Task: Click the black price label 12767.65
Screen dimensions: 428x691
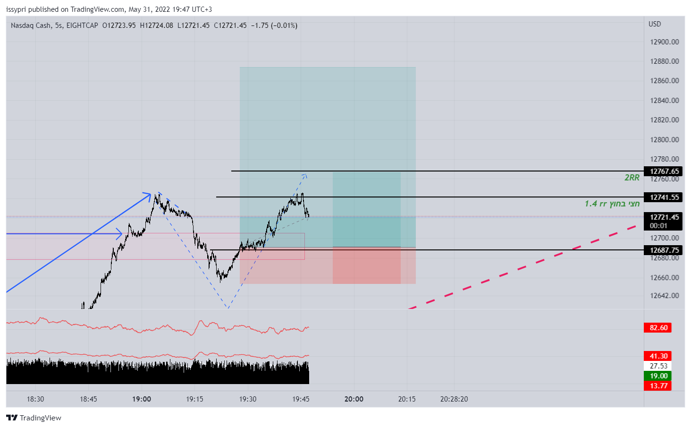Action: pos(664,171)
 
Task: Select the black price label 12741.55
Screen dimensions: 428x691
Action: pos(664,197)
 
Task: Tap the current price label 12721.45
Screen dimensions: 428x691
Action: pos(664,217)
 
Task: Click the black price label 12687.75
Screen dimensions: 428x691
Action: pos(664,250)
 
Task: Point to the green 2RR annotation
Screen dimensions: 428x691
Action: pos(632,178)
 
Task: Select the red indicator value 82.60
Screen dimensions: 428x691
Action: pos(658,328)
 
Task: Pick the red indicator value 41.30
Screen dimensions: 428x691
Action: pos(658,356)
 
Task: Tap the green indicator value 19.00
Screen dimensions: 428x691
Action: pos(658,376)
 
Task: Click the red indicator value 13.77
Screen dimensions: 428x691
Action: pos(658,386)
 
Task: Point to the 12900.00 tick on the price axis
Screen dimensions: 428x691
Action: pos(664,42)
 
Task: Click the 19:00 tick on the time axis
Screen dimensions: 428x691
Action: pos(142,399)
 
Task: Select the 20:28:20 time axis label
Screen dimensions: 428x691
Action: pos(454,399)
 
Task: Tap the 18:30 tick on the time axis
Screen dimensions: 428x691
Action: pos(35,399)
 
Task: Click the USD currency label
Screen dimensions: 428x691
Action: pos(655,24)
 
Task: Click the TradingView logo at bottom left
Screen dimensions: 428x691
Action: pos(34,418)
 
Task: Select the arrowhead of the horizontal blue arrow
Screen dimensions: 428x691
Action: pos(120,233)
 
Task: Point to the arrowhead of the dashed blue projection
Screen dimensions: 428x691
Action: pos(305,176)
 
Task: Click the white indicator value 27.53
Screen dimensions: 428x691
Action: pos(658,366)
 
